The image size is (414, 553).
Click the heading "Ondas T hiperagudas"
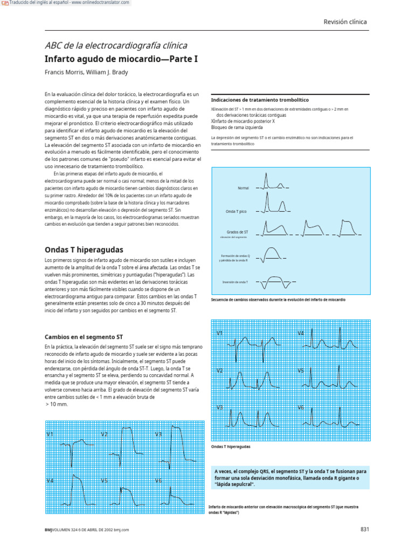84,250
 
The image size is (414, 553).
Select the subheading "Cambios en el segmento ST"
84,336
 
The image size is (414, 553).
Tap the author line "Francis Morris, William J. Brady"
86,72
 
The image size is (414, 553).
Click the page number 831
364,529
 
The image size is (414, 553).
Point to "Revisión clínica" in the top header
345,22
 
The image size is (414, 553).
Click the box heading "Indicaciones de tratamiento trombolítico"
259,100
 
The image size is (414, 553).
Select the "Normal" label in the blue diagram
243,188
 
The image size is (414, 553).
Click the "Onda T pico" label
236,212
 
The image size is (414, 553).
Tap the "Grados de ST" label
237,232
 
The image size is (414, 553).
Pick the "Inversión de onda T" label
235,282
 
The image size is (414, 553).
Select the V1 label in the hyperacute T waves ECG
220,333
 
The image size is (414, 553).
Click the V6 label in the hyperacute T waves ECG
301,408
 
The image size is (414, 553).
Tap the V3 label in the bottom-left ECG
158,434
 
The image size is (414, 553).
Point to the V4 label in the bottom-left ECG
50,480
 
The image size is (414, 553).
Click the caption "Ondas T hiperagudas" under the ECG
231,447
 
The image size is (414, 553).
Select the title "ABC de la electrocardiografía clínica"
116,46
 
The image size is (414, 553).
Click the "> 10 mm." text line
57,403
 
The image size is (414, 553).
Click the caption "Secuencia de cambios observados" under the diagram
278,299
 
